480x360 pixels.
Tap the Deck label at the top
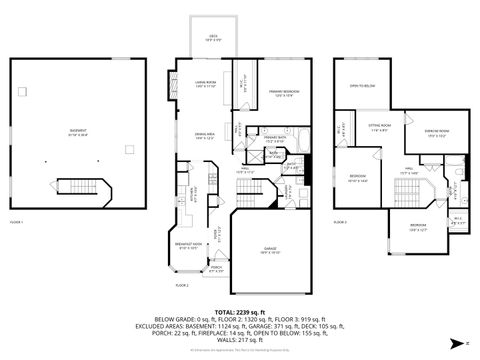(213, 39)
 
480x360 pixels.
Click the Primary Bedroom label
(285, 94)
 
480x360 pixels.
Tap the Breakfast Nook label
(187, 246)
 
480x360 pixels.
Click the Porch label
(215, 268)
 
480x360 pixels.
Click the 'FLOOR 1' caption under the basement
(16, 221)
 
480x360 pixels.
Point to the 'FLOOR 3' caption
(340, 221)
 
